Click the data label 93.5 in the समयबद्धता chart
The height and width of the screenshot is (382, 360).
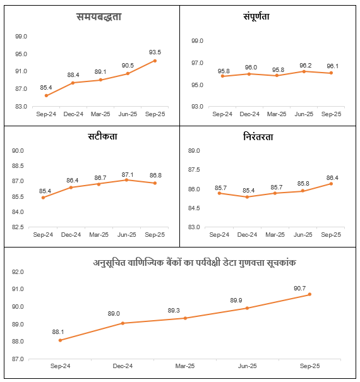coord(155,52)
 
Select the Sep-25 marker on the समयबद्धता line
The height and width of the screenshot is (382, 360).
coord(155,61)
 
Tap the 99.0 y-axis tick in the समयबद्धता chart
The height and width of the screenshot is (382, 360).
coord(21,37)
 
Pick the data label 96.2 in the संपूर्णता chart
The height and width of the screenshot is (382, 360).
coord(304,64)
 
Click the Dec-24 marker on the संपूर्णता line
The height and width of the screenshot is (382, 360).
coord(249,74)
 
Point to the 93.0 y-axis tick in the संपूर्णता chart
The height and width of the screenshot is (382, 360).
coord(196,107)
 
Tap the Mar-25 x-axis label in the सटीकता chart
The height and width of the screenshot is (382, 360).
coord(99,235)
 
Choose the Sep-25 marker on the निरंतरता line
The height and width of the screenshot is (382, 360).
coord(332,184)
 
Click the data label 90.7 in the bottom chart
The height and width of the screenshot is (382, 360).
coord(309,287)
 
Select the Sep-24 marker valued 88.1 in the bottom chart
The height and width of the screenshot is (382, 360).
coord(60,340)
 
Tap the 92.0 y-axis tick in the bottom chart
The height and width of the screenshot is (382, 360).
coord(17,272)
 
